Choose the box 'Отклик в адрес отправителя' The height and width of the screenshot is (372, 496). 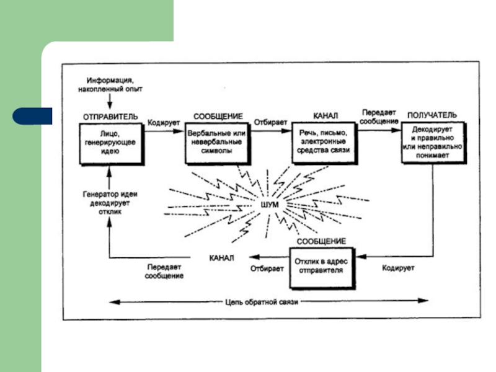[323, 267]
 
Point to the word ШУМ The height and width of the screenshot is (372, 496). [271, 203]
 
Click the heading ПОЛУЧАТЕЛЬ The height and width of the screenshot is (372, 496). [432, 115]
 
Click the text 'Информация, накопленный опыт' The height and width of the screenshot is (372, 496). [110, 85]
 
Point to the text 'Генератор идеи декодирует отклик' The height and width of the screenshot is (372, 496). [110, 202]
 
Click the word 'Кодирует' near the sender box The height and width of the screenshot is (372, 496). [164, 122]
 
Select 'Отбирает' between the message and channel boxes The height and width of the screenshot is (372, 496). [267, 122]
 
